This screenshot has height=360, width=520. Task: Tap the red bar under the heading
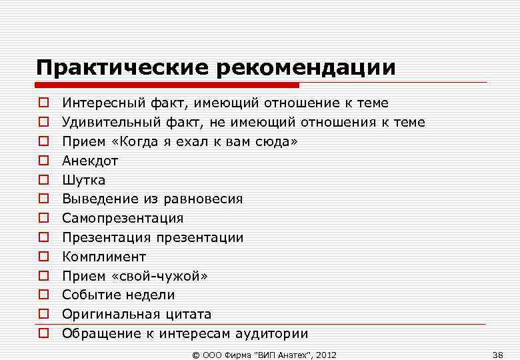(x=167, y=85)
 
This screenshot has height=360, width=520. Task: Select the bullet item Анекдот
(x=90, y=161)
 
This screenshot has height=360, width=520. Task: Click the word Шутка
(x=84, y=180)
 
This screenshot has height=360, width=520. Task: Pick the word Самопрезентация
(x=123, y=218)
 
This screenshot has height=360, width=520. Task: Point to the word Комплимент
(x=104, y=257)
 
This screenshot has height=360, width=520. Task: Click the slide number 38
(x=497, y=354)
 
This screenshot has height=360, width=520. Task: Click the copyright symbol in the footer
(x=195, y=354)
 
